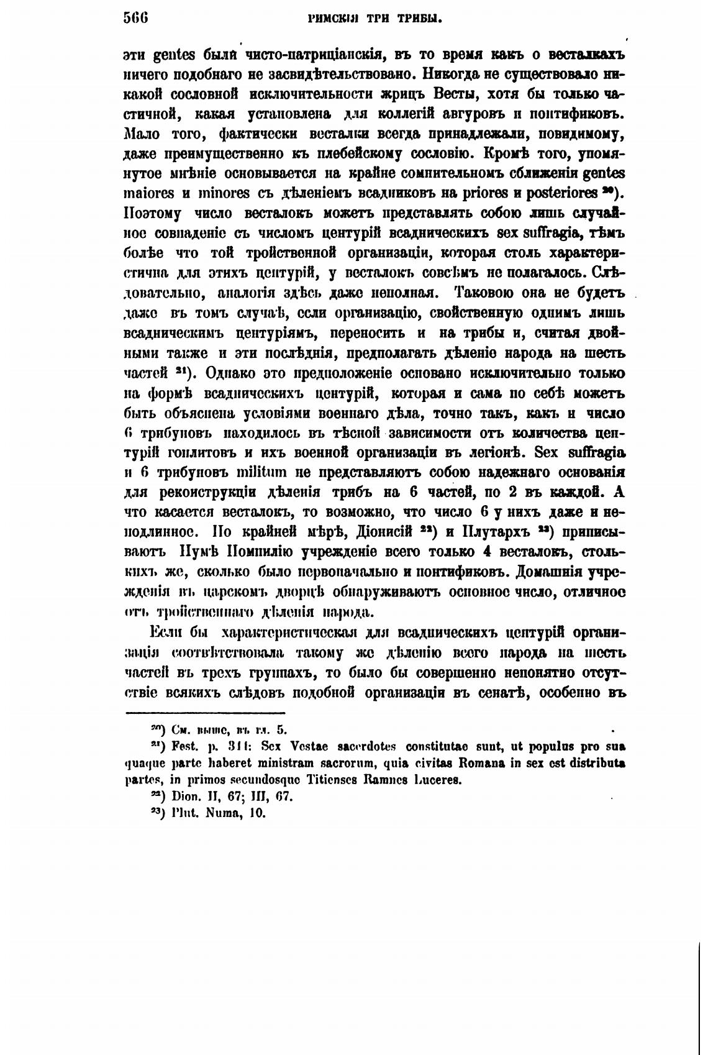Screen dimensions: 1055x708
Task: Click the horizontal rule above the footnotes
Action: coord(205,713)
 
